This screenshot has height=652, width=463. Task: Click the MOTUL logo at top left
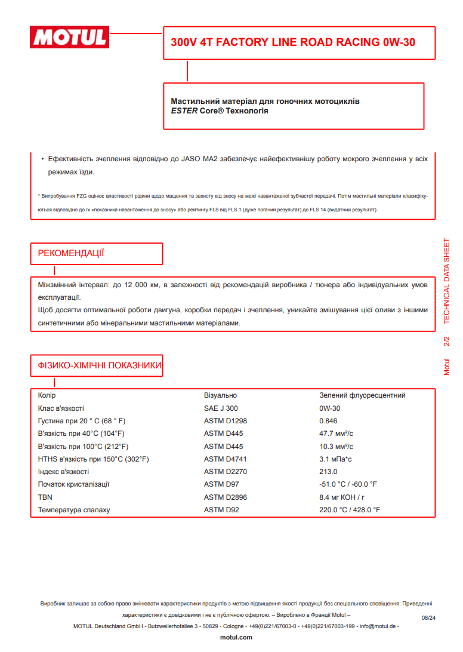coord(69,38)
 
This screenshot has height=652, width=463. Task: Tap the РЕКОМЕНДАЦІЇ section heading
coord(71,254)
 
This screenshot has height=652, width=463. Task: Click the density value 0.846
coord(329,421)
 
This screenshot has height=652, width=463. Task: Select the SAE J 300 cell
coord(221,408)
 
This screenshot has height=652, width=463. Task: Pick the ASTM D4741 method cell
coord(225,459)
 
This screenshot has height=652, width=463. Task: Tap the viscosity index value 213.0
coord(328,472)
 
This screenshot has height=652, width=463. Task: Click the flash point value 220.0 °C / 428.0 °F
coord(350,510)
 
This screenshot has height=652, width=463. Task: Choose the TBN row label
coord(45,497)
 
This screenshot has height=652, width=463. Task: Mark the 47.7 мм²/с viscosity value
coord(337,433)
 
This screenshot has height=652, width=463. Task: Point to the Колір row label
coord(47,395)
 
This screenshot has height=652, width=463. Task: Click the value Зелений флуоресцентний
coord(362,395)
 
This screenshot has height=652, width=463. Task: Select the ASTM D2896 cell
coord(225,497)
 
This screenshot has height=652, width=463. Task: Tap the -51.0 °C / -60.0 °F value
coord(348,484)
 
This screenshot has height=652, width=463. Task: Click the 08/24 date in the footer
coord(429,618)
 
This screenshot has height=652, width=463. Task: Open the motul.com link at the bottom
coord(236,638)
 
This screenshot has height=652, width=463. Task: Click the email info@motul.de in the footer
coord(377,626)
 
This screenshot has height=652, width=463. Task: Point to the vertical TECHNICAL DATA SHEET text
coord(447,281)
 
